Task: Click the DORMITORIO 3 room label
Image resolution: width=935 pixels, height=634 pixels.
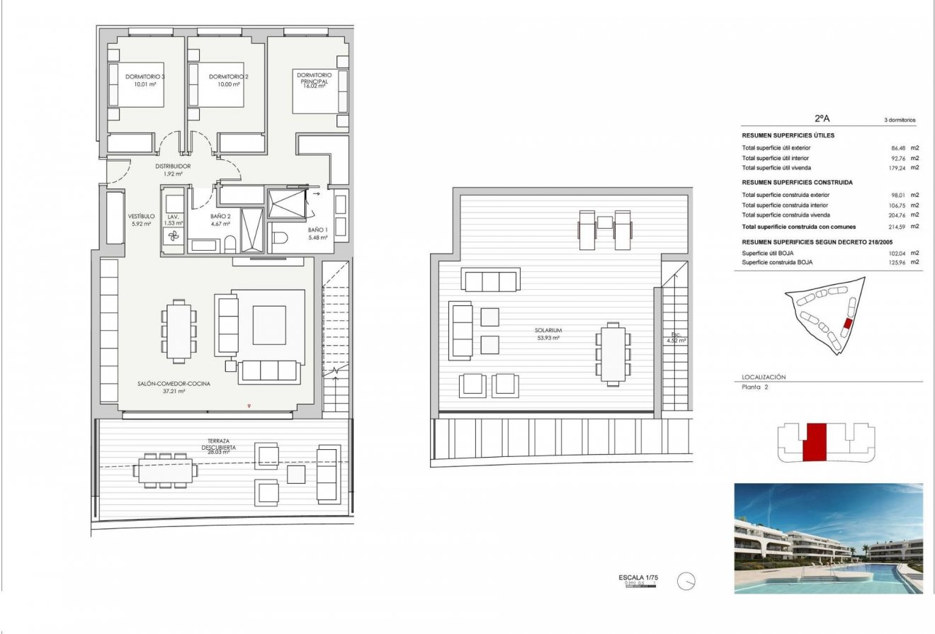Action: [144, 77]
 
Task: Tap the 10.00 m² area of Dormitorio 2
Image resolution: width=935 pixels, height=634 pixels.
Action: [228, 84]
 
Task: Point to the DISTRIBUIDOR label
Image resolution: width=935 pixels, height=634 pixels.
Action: [174, 166]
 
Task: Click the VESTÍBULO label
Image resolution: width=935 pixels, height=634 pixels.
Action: [141, 216]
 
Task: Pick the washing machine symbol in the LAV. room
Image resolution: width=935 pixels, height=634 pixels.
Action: [173, 239]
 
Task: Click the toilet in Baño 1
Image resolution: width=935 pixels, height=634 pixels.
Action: [280, 239]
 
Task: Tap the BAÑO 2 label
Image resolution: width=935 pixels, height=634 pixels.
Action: [220, 216]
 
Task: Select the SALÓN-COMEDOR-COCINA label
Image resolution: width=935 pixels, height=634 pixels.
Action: [174, 383]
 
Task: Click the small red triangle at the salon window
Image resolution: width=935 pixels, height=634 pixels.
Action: [249, 406]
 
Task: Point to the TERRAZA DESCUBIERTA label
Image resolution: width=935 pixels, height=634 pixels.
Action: [218, 444]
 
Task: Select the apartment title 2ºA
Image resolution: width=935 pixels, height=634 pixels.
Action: [822, 120]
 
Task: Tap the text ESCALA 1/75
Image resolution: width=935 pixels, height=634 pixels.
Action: [638, 578]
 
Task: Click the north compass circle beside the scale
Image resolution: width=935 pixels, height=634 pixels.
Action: [686, 582]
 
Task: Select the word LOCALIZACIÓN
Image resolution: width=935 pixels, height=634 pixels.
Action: [764, 378]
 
